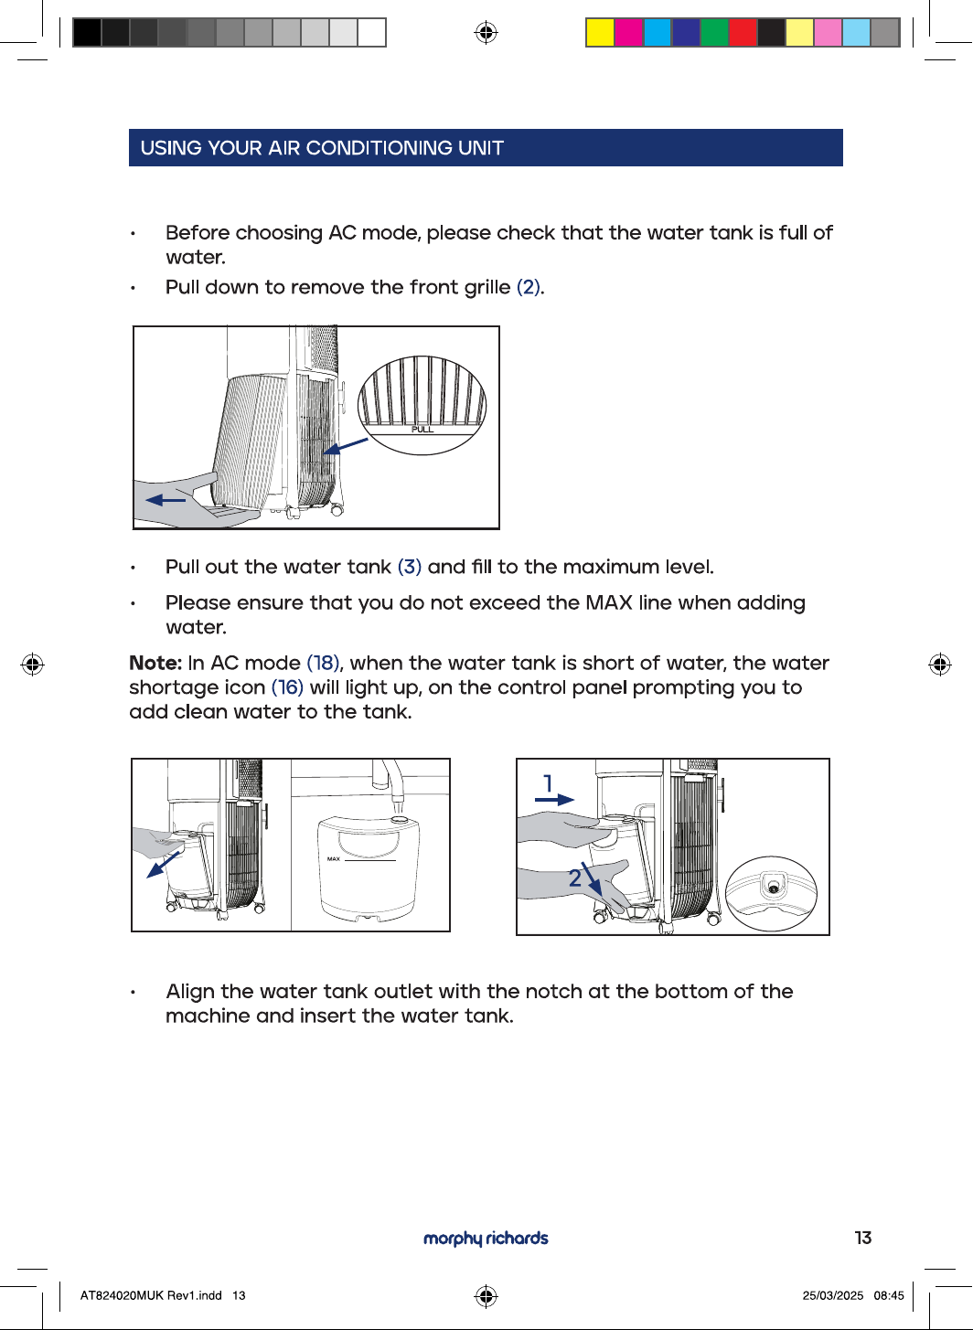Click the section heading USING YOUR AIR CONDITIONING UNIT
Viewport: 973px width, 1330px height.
coord(322,148)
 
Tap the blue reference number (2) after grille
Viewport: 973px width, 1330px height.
coord(529,287)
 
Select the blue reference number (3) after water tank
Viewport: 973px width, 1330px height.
coord(410,567)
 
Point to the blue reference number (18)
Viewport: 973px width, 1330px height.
coord(323,664)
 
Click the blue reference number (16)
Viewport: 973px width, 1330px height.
coord(287,687)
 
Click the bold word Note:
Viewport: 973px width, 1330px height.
coord(155,663)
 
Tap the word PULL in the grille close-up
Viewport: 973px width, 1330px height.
coord(422,430)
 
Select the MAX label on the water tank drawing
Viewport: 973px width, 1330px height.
coord(333,858)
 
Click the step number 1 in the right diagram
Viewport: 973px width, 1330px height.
coord(549,783)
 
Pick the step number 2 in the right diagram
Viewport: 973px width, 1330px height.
coord(574,878)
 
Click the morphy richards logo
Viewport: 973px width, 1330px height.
coord(486,1238)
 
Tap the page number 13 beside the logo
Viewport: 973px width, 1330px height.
coord(863,1238)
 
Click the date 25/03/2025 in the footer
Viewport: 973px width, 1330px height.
coord(833,1295)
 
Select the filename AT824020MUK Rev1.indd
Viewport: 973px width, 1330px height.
coord(151,1295)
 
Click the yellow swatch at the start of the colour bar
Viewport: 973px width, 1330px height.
coord(600,32)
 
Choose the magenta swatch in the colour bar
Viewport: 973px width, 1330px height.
coord(628,32)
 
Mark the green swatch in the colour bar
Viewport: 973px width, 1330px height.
coord(714,32)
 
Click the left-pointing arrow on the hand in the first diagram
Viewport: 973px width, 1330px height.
coord(166,500)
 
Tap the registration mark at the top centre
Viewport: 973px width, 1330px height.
coord(486,32)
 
